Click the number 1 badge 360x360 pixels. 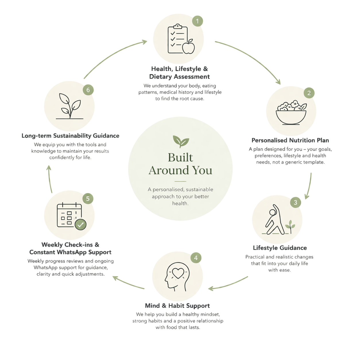[x=198, y=21]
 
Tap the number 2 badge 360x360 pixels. [x=309, y=93]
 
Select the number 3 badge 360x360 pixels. [x=295, y=202]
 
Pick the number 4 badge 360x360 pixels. [x=196, y=258]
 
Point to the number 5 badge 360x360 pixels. [x=88, y=199]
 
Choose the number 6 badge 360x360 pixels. [x=88, y=90]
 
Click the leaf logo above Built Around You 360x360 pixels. [x=181, y=141]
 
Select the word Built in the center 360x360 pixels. [x=180, y=157]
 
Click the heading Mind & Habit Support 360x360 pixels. [x=177, y=306]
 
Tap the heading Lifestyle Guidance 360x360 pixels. [x=280, y=248]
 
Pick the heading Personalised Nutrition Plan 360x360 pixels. [x=290, y=140]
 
